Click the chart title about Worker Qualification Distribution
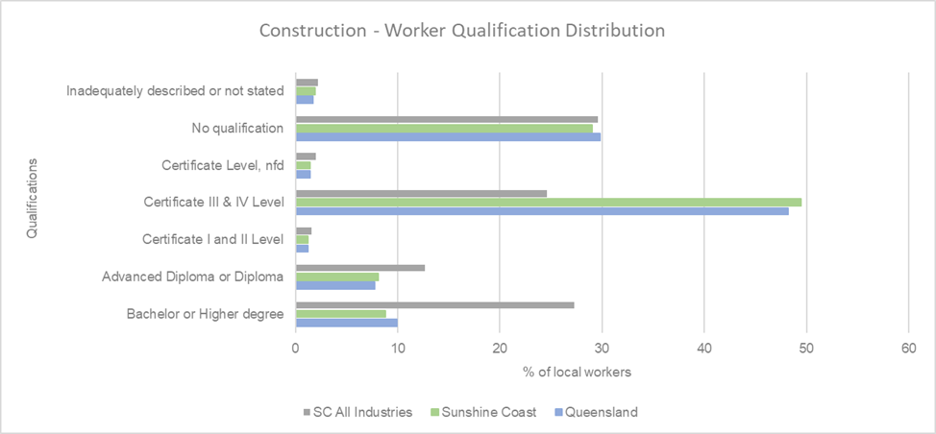[x=462, y=31]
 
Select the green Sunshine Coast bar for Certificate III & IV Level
[x=548, y=202]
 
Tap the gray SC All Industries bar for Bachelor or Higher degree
[x=434, y=304]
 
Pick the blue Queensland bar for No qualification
[x=448, y=136]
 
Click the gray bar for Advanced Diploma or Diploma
[x=359, y=268]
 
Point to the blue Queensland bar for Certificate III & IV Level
[x=542, y=211]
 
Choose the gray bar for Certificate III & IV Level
[x=421, y=193]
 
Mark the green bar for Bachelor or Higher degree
[x=340, y=314]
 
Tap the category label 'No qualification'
[x=237, y=128]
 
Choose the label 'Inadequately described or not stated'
[x=175, y=91]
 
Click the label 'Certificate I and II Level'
[x=212, y=239]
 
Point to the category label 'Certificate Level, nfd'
[x=223, y=165]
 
